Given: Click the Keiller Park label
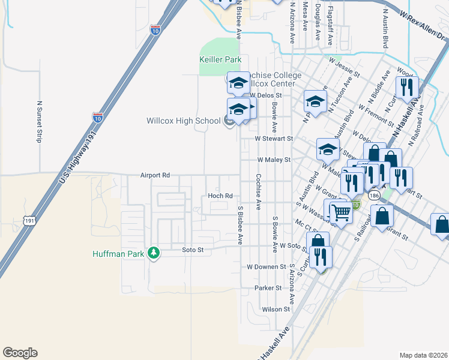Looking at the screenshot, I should click(x=220, y=60).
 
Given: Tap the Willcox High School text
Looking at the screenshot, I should click(x=184, y=121).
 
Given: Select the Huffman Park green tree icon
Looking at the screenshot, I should click(x=154, y=253).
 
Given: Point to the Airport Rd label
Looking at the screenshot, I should click(x=155, y=175).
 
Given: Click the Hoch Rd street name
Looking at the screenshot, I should click(x=220, y=196).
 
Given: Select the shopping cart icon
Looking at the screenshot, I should click(x=341, y=211).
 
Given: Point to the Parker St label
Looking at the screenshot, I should click(x=267, y=288).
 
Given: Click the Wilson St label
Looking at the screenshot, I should click(x=276, y=310).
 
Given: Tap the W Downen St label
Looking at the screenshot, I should click(x=266, y=266).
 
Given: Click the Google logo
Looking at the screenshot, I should click(x=20, y=353).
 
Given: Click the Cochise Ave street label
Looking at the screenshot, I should click(x=258, y=193).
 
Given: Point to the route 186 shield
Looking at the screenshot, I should click(x=375, y=196).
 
